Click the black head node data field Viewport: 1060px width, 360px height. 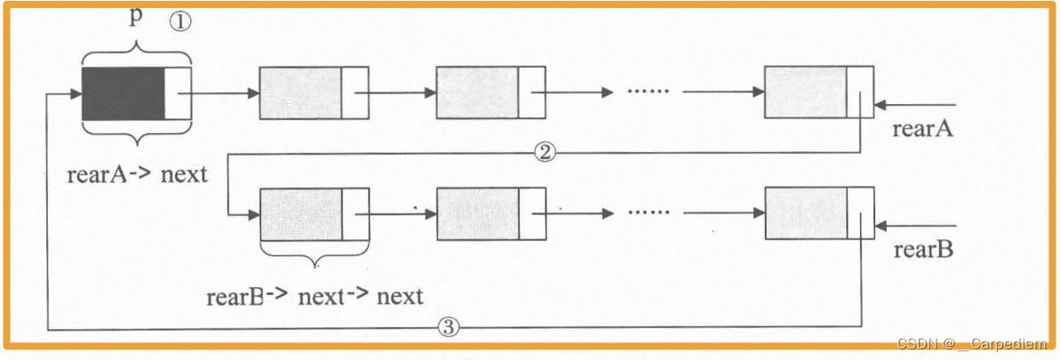pos(123,92)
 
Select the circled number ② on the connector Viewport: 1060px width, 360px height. pos(545,152)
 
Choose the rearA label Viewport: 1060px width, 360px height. pos(922,130)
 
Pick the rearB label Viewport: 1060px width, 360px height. pos(922,251)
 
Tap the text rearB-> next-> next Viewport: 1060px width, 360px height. pos(314,296)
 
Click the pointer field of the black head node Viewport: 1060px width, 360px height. pos(178,92)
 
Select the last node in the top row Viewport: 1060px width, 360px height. pos(818,92)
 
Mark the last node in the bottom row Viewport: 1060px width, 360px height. pos(818,213)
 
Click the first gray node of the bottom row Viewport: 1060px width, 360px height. pos(314,213)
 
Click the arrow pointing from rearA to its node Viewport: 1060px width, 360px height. pos(915,105)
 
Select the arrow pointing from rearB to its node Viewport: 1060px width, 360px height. pos(915,226)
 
